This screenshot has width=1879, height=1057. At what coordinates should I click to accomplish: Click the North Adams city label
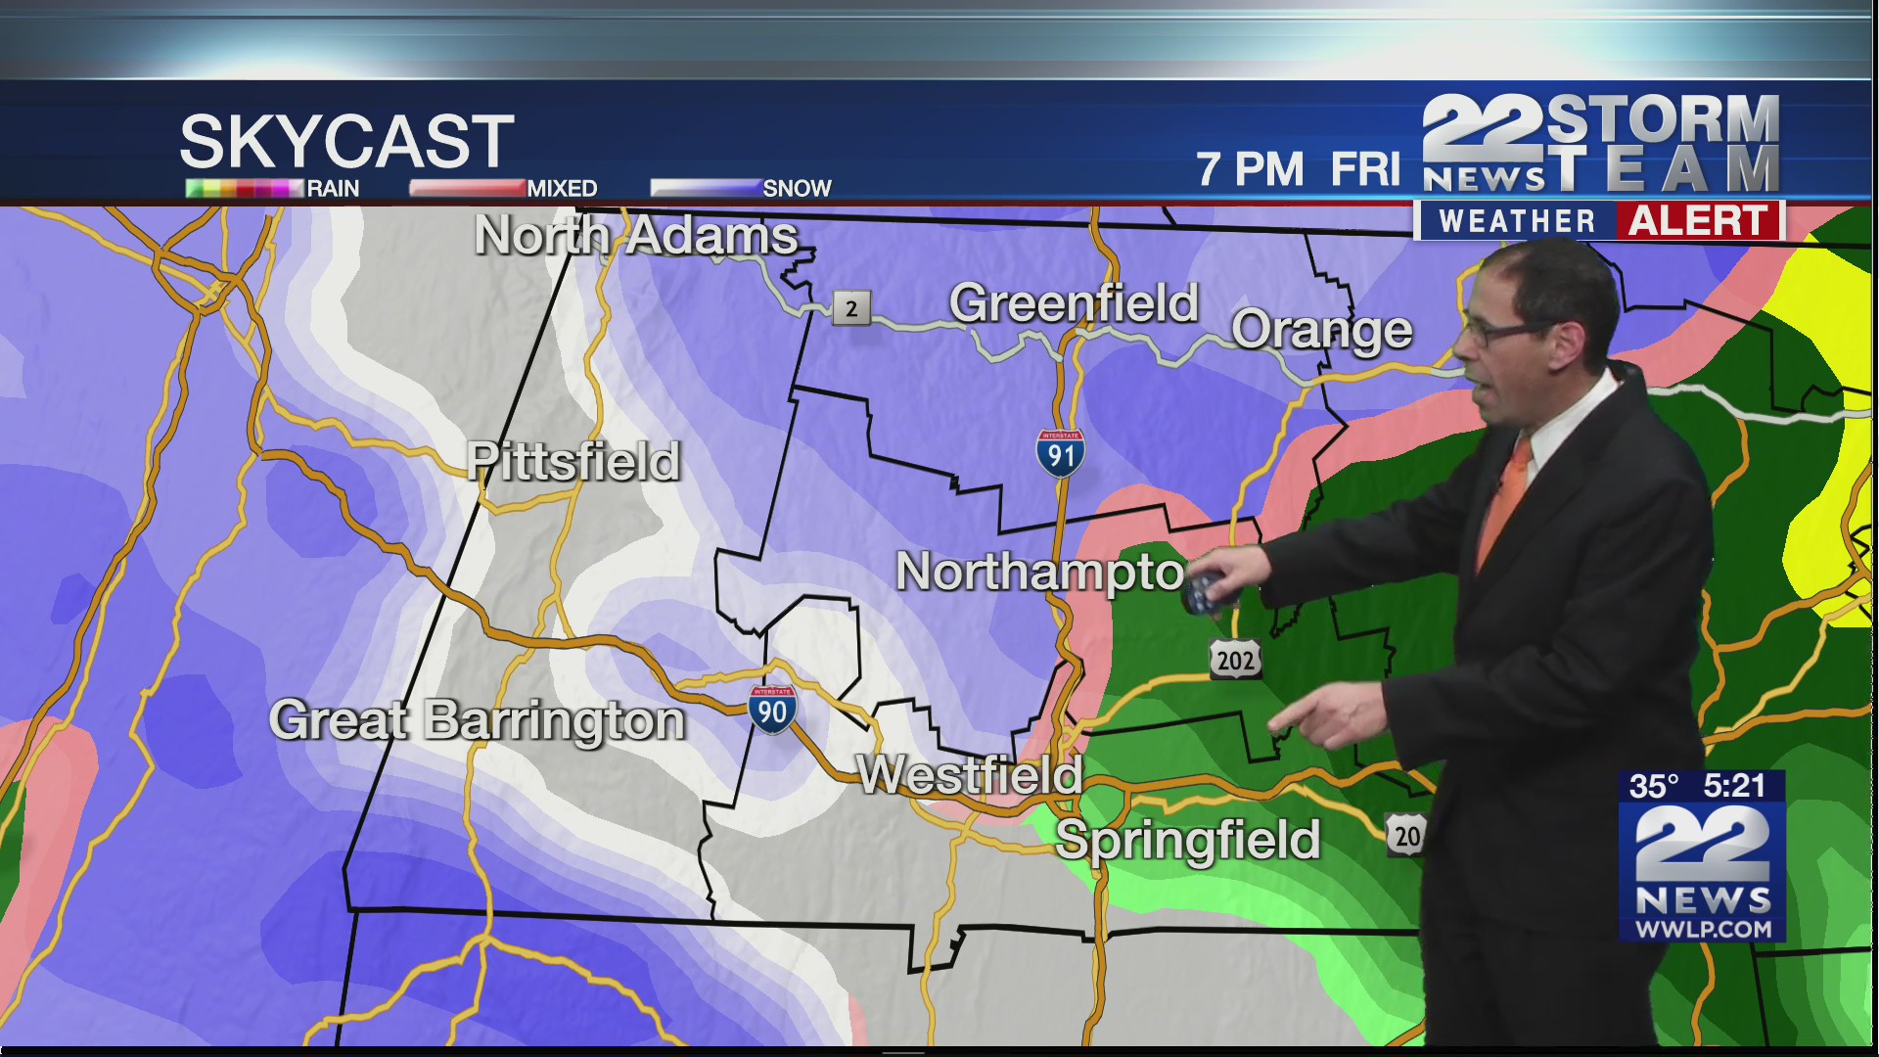click(636, 236)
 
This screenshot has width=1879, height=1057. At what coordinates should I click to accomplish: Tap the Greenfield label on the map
click(1074, 302)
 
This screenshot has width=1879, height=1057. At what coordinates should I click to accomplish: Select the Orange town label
click(1321, 331)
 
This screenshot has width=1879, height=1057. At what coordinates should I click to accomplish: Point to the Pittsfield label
click(573, 461)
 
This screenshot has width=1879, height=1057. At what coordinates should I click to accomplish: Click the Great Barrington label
click(477, 720)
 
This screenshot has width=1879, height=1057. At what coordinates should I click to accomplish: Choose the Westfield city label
click(969, 775)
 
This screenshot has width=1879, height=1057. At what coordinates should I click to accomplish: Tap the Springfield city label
click(1188, 840)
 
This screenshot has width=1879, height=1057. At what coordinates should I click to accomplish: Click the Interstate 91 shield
click(1060, 454)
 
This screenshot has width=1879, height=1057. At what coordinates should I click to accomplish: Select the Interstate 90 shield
click(772, 710)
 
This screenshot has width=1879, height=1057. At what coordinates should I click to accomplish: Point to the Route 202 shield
click(1235, 661)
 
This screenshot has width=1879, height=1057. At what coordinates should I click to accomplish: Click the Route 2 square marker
click(850, 308)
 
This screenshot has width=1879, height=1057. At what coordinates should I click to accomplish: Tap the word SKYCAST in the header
click(346, 141)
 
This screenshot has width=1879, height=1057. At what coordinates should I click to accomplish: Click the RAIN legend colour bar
click(244, 188)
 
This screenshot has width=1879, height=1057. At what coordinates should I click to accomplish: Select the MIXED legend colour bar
click(467, 188)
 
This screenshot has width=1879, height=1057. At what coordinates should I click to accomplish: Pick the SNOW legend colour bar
click(706, 188)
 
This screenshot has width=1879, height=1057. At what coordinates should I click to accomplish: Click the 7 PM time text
click(1250, 169)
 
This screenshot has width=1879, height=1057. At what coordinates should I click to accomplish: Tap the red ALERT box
click(1698, 221)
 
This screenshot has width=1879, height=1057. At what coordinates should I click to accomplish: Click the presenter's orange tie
click(1504, 499)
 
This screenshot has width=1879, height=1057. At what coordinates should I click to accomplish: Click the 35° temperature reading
click(1653, 786)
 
